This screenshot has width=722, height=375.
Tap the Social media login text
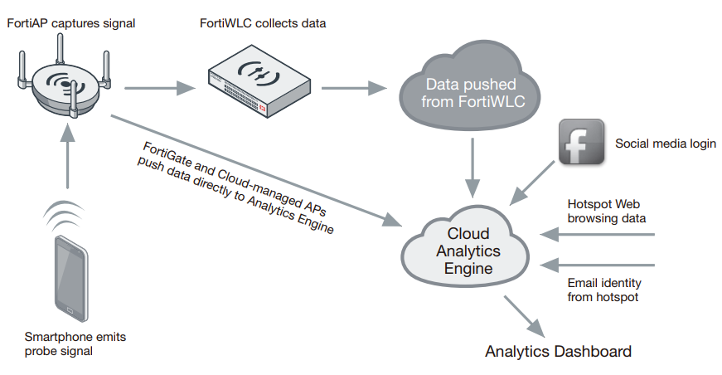click(665, 144)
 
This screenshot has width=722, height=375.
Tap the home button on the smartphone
click(70, 311)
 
